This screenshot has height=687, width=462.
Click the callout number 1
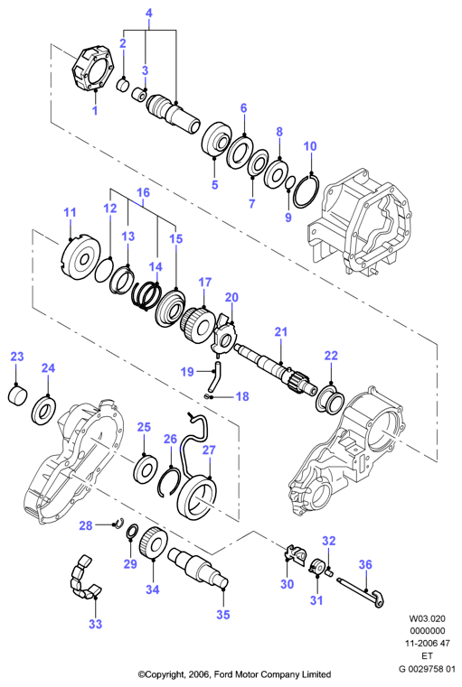click(x=94, y=110)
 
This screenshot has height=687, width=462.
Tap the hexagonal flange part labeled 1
click(x=93, y=67)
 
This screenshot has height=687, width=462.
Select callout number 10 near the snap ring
click(x=310, y=146)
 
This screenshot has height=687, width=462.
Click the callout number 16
click(x=143, y=192)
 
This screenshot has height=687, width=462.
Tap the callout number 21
click(x=281, y=331)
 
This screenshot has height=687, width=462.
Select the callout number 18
click(x=241, y=396)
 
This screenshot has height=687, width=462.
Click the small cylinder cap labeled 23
click(x=17, y=394)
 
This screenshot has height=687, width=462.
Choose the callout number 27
click(x=209, y=450)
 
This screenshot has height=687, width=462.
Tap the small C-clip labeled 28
click(x=119, y=523)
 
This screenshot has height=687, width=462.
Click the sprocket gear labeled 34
click(x=153, y=543)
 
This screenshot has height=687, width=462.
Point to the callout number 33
click(x=95, y=624)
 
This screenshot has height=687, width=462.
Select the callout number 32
click(x=329, y=541)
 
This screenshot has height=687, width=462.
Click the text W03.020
click(x=427, y=618)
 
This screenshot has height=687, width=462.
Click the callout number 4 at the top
click(x=149, y=14)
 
